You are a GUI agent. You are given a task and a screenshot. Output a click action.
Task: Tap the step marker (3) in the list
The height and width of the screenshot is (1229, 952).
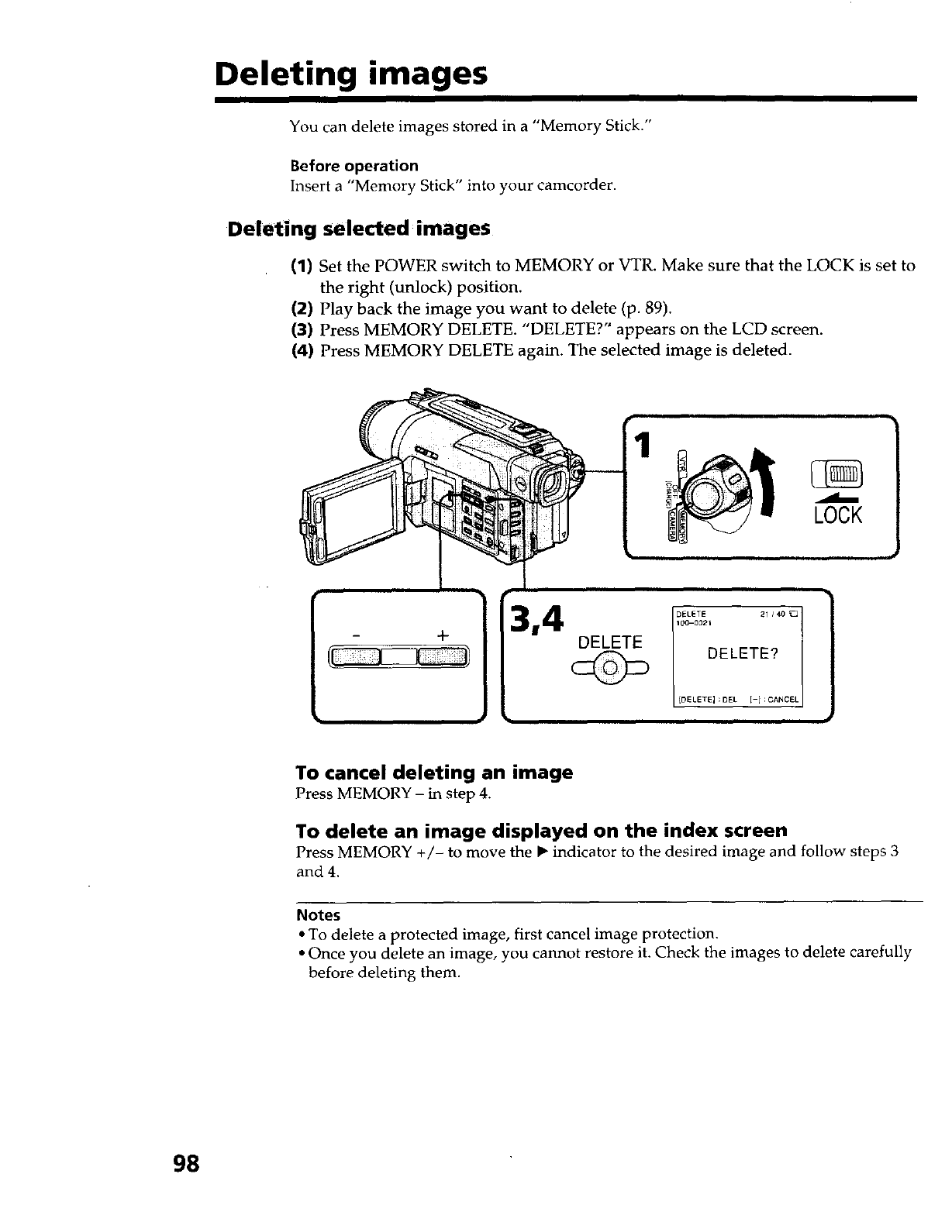[x=302, y=329]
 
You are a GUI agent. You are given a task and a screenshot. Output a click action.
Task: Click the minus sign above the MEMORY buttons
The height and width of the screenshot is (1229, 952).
[x=357, y=635]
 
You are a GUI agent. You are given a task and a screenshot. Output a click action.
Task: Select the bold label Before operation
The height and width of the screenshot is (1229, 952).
[x=354, y=166]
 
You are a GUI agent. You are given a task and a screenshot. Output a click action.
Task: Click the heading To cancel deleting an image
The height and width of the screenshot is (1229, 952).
[x=434, y=773]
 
